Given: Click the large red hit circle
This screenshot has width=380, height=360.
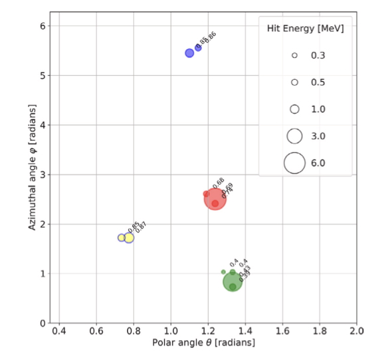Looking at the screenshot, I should [x=215, y=198].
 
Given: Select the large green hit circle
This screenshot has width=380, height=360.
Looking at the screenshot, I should [x=233, y=281].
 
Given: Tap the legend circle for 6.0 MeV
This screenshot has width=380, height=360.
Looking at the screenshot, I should [x=294, y=162].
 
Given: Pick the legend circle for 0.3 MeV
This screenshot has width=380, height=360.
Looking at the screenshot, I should [x=294, y=56].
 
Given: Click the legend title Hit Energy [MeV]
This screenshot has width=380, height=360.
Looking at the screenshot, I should [x=305, y=29].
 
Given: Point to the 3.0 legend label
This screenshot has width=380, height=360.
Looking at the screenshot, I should [x=318, y=135].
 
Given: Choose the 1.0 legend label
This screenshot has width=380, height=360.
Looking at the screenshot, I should [x=318, y=109].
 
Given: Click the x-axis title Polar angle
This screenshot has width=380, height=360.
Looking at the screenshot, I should [x=203, y=343].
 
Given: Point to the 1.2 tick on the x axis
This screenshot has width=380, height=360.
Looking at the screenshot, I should [x=208, y=330].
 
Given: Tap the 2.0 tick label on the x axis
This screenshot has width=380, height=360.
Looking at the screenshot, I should [x=357, y=330].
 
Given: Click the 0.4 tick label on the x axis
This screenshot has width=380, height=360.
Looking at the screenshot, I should [x=59, y=330].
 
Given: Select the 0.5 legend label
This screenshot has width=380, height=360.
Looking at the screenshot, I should [x=318, y=82].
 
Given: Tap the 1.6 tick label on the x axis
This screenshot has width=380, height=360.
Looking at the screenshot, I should [x=282, y=330].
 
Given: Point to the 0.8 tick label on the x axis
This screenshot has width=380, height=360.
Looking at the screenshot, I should [x=134, y=330].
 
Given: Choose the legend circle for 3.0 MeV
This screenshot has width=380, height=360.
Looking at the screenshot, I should [x=294, y=135].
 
